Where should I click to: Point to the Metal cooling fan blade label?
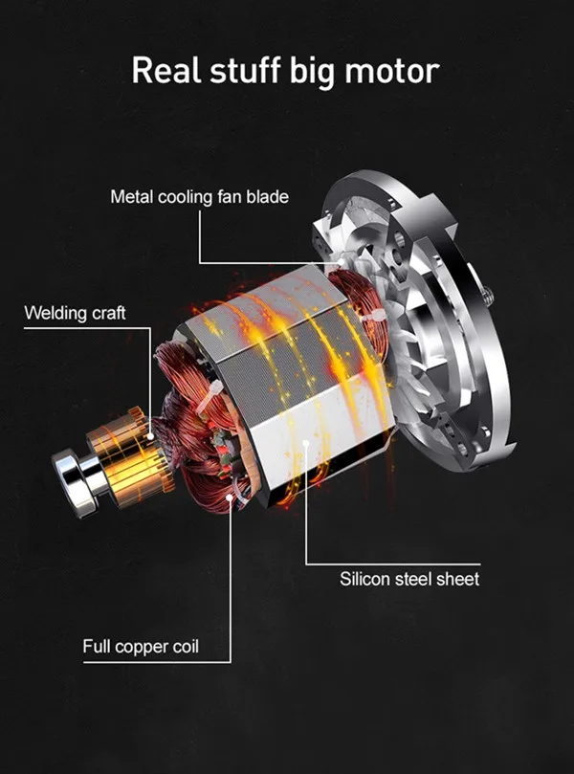(x=199, y=197)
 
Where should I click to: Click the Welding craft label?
(x=75, y=313)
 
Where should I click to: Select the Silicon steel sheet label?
(x=409, y=579)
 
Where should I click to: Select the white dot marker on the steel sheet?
(x=304, y=442)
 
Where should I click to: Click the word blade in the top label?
(x=269, y=197)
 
